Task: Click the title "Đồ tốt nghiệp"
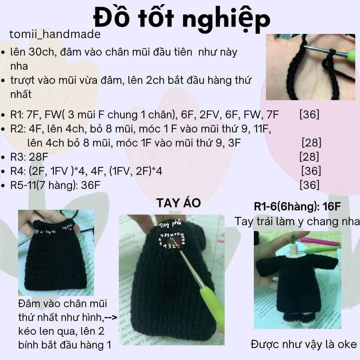182,18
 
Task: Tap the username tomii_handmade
55,34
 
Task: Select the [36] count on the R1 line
309,114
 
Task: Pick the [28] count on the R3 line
309,157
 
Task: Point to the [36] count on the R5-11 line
309,185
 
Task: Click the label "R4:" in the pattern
18,171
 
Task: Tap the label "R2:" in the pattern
18,129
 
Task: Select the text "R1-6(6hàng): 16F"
297,207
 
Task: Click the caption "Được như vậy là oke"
304,344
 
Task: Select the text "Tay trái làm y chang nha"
297,221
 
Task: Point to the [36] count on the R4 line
311,171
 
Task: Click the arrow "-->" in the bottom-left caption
111,318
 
